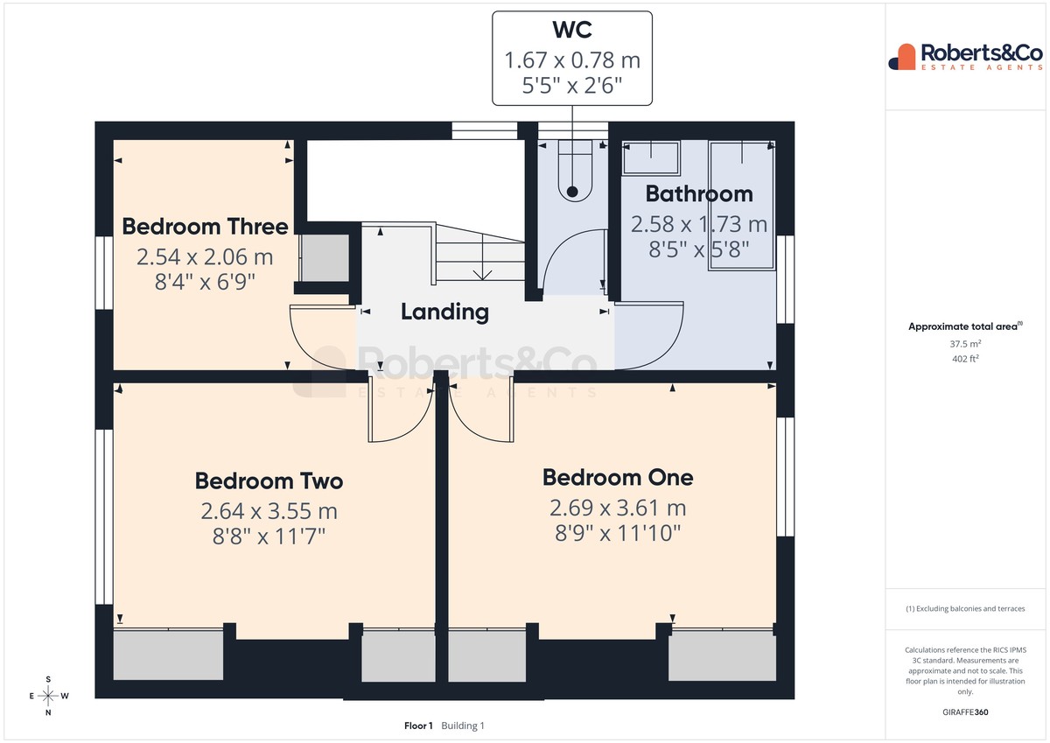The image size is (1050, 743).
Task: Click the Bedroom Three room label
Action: coord(205,227)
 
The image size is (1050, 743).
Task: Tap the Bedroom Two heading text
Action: coord(269,481)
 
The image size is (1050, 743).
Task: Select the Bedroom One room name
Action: coord(618,478)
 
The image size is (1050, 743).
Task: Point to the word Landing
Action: coord(444,312)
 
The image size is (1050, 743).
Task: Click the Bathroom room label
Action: coord(699,194)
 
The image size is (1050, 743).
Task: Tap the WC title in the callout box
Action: coord(572,30)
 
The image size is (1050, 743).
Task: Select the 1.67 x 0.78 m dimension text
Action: coord(572,60)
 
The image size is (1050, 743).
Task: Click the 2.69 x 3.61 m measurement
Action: coord(618,508)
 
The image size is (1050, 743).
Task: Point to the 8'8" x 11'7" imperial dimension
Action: coord(269,536)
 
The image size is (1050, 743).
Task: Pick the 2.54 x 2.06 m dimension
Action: coord(205,257)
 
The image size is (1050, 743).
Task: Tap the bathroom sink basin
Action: coord(651,158)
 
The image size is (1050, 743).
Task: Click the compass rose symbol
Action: coord(48,696)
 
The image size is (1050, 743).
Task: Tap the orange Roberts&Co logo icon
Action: coord(902,57)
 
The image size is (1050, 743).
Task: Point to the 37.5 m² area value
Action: coord(965,344)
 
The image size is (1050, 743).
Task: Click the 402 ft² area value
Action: coord(965,359)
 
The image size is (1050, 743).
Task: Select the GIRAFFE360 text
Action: coord(965,712)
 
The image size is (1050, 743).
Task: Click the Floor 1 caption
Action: coord(418,725)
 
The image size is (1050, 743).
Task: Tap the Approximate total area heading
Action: coord(965,326)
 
